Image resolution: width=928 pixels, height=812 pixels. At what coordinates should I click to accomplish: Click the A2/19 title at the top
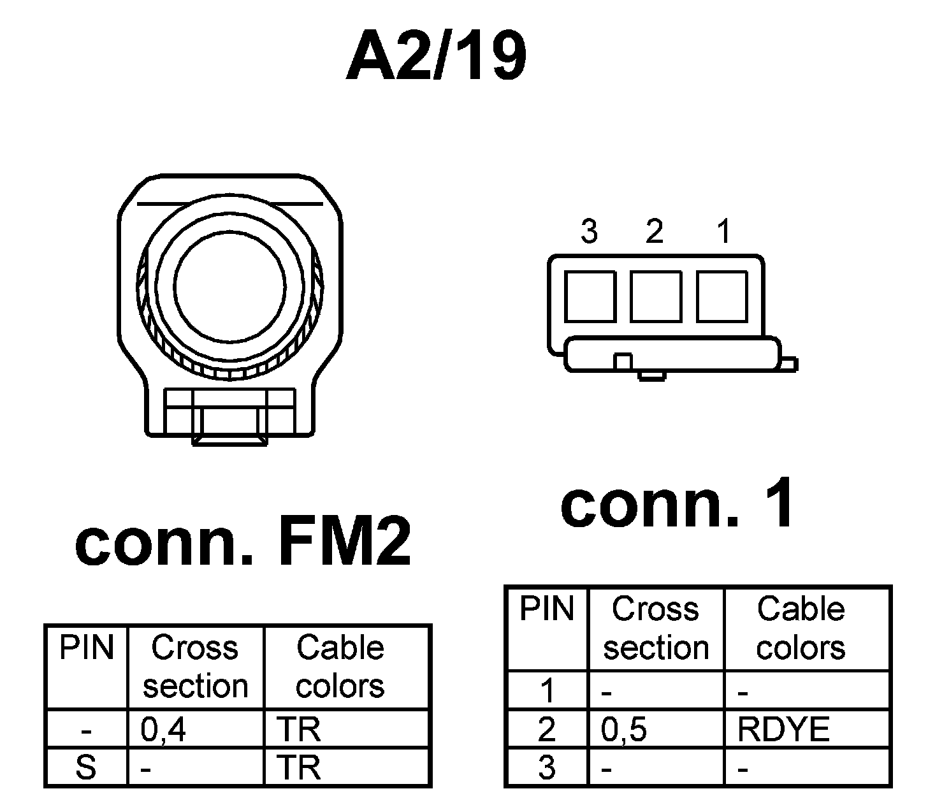[436, 57]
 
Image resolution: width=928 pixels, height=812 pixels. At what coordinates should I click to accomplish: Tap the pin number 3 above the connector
[590, 231]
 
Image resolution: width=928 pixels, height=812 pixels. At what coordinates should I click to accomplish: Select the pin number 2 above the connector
[655, 231]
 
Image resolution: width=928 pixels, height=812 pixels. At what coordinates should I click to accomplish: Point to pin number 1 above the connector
[723, 231]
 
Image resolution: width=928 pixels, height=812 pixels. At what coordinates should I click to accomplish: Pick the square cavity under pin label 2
[656, 296]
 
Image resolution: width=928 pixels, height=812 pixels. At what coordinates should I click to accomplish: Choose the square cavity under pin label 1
[722, 296]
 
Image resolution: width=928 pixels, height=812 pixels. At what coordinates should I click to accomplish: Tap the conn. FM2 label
[243, 546]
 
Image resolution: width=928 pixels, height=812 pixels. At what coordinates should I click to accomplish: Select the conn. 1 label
[679, 505]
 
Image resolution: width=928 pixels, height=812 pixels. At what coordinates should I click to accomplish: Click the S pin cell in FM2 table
[86, 767]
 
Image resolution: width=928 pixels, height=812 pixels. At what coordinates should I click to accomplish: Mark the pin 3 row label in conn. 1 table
[547, 768]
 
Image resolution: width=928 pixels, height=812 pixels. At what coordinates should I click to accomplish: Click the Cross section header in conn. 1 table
[656, 628]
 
